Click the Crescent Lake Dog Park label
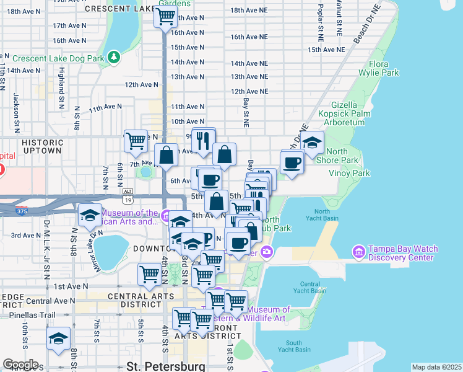[58, 58]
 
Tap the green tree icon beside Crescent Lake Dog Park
[114, 58]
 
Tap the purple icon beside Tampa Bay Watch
[358, 252]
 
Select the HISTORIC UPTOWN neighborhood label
[42, 146]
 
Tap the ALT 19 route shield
[128, 196]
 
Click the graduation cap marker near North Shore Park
[312, 142]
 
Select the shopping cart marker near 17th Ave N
[165, 17]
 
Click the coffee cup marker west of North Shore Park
[291, 162]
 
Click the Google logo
[20, 365]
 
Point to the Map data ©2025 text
[436, 367]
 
